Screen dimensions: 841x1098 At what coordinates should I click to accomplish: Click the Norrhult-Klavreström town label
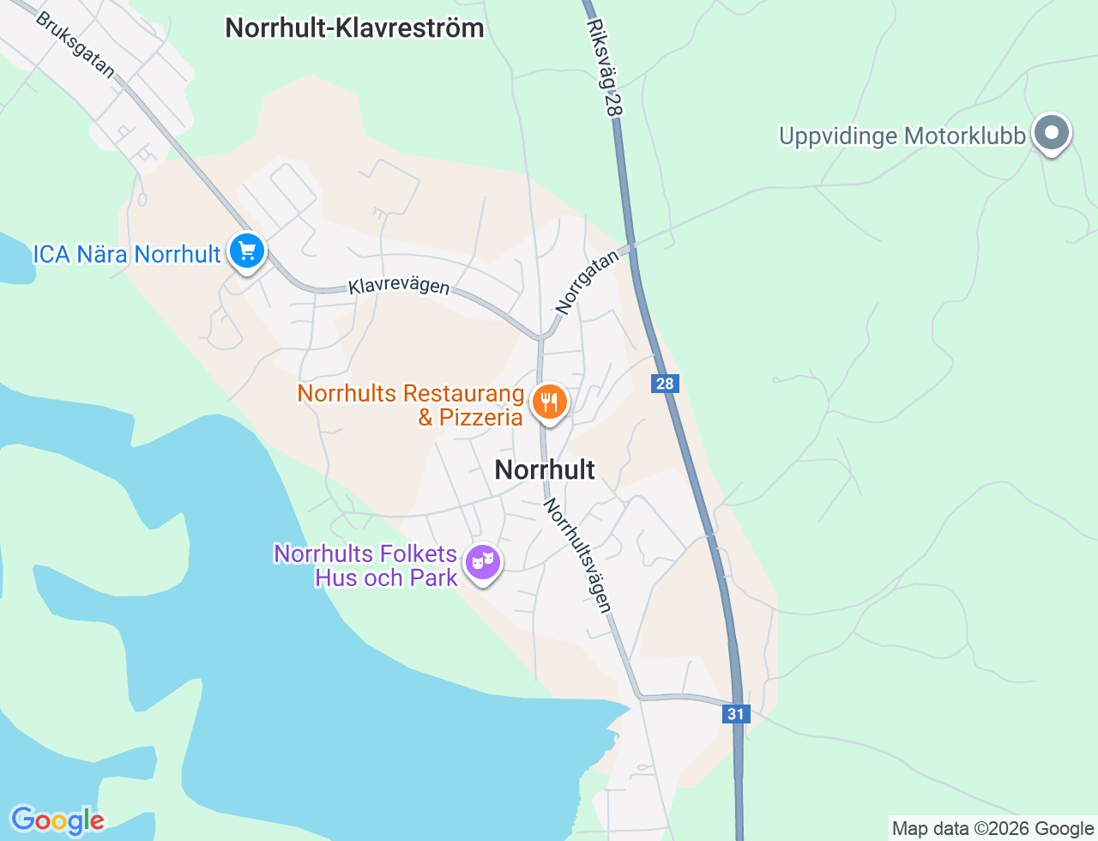tap(354, 28)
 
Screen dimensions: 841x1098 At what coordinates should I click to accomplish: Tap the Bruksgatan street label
tap(75, 45)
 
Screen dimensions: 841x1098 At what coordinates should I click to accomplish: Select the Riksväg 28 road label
tap(604, 69)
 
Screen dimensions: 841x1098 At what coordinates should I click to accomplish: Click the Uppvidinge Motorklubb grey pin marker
tap(1051, 134)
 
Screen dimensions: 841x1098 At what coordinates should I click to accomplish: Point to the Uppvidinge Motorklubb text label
tap(902, 136)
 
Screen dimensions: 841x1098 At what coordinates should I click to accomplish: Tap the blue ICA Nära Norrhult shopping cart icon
tap(248, 252)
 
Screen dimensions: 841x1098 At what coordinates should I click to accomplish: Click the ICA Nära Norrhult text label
tap(127, 254)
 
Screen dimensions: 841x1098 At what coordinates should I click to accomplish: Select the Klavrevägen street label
tap(399, 286)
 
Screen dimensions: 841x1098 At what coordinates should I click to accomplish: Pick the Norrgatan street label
tap(587, 281)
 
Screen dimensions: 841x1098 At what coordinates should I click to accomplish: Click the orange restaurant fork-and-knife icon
tap(549, 402)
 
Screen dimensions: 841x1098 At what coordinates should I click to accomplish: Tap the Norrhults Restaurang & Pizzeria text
tap(410, 405)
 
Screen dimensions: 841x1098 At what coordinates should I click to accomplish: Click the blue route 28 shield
tap(665, 384)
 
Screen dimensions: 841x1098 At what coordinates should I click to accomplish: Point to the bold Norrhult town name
tap(545, 469)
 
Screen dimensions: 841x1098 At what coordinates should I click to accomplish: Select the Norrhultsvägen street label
tap(578, 555)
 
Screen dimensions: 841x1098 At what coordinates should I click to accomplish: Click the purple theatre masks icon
tap(483, 563)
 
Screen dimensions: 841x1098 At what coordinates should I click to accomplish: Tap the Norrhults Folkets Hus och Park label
tap(366, 566)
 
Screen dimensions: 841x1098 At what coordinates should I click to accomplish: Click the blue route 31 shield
tap(736, 714)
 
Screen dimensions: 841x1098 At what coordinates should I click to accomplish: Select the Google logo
tap(57, 820)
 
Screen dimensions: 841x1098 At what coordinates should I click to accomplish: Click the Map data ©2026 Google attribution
tap(992, 828)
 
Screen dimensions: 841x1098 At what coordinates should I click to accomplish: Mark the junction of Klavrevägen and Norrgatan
tap(541, 337)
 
